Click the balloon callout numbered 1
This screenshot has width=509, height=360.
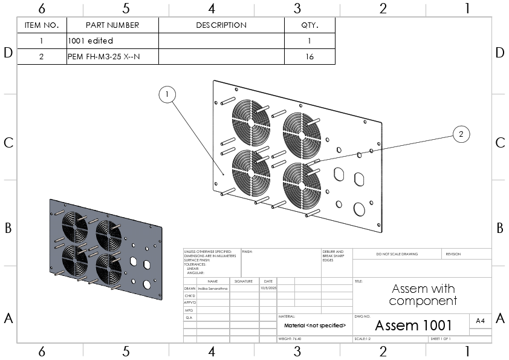(167, 94)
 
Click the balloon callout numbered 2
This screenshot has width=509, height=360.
(461, 135)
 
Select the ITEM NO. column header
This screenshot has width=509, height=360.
(42, 25)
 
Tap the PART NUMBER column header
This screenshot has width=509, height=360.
(112, 25)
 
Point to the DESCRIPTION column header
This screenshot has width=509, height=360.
(221, 25)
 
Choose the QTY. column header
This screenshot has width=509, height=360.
(310, 25)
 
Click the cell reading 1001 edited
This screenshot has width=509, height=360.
(91, 41)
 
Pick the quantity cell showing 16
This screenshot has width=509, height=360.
(310, 57)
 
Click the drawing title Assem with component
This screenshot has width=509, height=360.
(423, 295)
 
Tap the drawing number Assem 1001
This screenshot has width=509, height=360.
(413, 326)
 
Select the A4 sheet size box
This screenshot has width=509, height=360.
(480, 321)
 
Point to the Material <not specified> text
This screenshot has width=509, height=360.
(314, 326)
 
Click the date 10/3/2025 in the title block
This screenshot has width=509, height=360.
(267, 289)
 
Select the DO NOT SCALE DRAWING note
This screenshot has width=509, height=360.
(397, 254)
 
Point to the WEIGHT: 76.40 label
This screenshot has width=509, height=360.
(290, 339)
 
